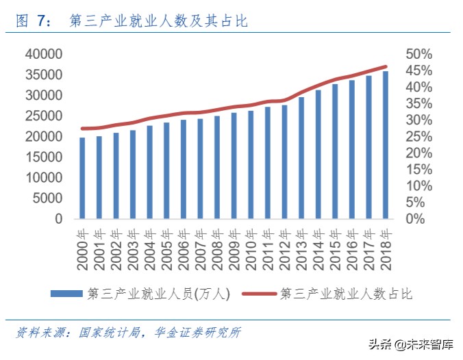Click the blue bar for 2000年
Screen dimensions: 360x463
click(82, 178)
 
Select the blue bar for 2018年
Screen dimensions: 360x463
click(386, 145)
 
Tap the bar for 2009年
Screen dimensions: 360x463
click(234, 166)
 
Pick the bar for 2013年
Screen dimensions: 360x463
click(301, 158)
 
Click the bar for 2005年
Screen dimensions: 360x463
click(166, 170)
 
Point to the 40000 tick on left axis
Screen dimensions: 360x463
click(43, 54)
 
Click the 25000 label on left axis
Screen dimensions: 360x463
click(43, 116)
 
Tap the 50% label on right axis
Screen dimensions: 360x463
click(418, 54)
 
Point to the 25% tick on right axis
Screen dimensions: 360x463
click(418, 136)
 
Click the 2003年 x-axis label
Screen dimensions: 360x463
click(133, 244)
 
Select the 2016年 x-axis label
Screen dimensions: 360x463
click(352, 244)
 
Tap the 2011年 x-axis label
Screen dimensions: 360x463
click(268, 244)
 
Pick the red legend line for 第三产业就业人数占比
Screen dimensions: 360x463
click(258, 294)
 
